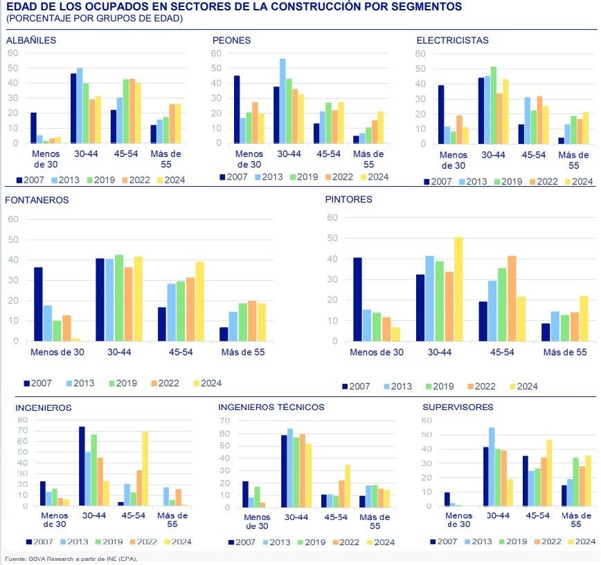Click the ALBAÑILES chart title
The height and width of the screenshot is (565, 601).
31,40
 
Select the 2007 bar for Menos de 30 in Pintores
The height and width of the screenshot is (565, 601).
357,299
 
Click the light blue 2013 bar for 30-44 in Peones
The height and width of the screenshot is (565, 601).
282,101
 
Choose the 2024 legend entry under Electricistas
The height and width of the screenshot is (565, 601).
577,182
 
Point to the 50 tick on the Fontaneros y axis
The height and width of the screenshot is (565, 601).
13,240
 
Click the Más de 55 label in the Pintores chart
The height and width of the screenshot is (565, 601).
565,352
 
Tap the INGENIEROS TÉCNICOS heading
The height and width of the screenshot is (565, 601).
271,407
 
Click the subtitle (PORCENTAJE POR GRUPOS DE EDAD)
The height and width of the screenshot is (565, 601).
94,19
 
